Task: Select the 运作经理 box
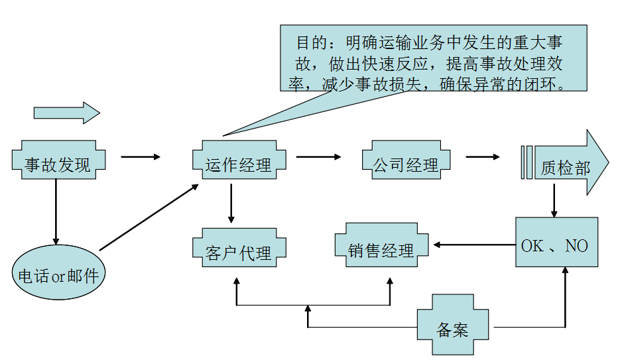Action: click(x=239, y=164)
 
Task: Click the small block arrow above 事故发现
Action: click(x=66, y=113)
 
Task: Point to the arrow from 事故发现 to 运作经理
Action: click(x=141, y=157)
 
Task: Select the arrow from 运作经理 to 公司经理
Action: click(x=318, y=157)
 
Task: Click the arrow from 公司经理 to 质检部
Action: click(x=483, y=157)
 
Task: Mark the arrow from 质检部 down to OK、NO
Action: click(x=554, y=200)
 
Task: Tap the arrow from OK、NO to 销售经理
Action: click(x=474, y=245)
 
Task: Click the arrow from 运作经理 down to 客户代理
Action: click(x=231, y=203)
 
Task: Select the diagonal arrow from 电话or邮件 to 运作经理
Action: click(x=149, y=216)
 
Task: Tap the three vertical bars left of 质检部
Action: click(x=527, y=163)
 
